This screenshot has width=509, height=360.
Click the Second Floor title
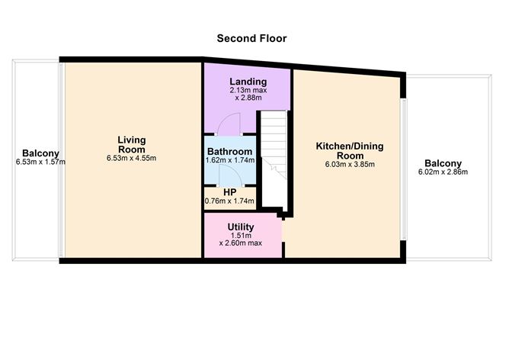coord(251,38)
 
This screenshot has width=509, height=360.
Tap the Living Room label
coord(131,144)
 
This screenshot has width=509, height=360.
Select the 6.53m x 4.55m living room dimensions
coord(131,159)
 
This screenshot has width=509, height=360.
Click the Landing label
coord(248,82)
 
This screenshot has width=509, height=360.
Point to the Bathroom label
coord(229,151)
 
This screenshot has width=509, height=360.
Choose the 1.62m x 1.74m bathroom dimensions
coord(229,161)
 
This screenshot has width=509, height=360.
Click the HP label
coord(229,191)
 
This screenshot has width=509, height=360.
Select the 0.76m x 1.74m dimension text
coord(229,201)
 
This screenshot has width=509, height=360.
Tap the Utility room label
coord(241,227)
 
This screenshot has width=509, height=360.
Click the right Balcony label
coord(443,163)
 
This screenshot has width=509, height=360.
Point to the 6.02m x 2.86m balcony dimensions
coord(443,172)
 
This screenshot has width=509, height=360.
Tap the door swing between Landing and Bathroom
coord(229,124)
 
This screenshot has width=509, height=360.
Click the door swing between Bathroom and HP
coord(229,177)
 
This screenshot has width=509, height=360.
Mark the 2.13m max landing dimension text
coord(248,91)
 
